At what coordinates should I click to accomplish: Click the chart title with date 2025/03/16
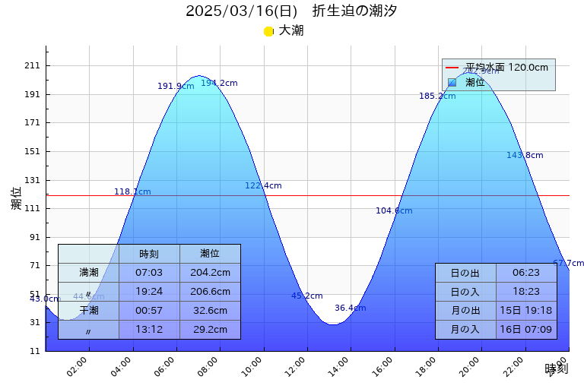point(291,11)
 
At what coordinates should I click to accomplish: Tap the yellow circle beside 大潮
point(268,31)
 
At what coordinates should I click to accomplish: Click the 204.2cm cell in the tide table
point(210,273)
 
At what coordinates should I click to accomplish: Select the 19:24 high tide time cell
point(149,292)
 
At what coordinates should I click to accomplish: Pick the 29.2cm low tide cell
point(210,330)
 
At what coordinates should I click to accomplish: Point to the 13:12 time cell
point(149,330)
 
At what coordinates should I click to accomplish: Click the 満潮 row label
point(89,273)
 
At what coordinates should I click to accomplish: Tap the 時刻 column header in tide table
point(149,254)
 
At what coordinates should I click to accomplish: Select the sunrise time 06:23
point(526,273)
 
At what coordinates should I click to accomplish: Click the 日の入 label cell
point(465,292)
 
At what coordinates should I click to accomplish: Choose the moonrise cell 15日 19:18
point(526,311)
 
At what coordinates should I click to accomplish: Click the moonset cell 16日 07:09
point(526,330)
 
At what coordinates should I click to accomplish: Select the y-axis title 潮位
point(17,198)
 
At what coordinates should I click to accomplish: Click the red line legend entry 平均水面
point(498,68)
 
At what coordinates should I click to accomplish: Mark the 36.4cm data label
point(350,308)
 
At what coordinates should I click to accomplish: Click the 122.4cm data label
point(263,186)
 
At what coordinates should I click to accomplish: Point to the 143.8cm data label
point(525,156)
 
